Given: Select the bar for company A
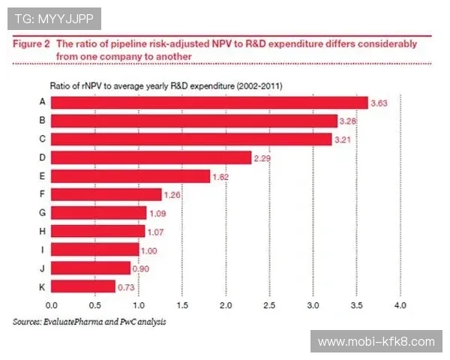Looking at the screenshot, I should point(209,102).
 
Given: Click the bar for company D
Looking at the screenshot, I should point(151,157).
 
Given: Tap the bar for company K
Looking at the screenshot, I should point(83,286).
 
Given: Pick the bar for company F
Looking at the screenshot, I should point(106,194).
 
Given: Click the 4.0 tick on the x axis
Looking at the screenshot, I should point(400,305).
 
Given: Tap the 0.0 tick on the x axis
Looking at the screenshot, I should point(51,305).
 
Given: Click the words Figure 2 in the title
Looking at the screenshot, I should point(31,44).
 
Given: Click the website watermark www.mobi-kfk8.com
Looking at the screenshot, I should point(376,342).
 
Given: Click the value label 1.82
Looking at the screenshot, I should point(223,176).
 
